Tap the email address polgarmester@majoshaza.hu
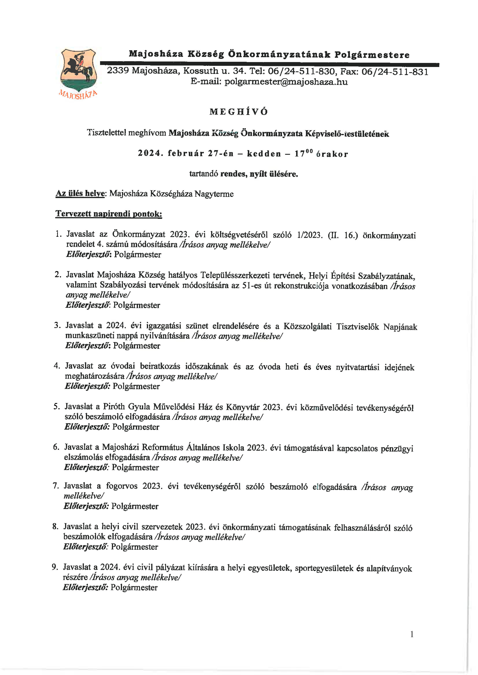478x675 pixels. point(286,82)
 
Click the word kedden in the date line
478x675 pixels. point(264,154)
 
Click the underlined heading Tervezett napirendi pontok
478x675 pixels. point(109,214)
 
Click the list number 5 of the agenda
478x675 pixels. point(56,407)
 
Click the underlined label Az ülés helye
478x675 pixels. point(80,194)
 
